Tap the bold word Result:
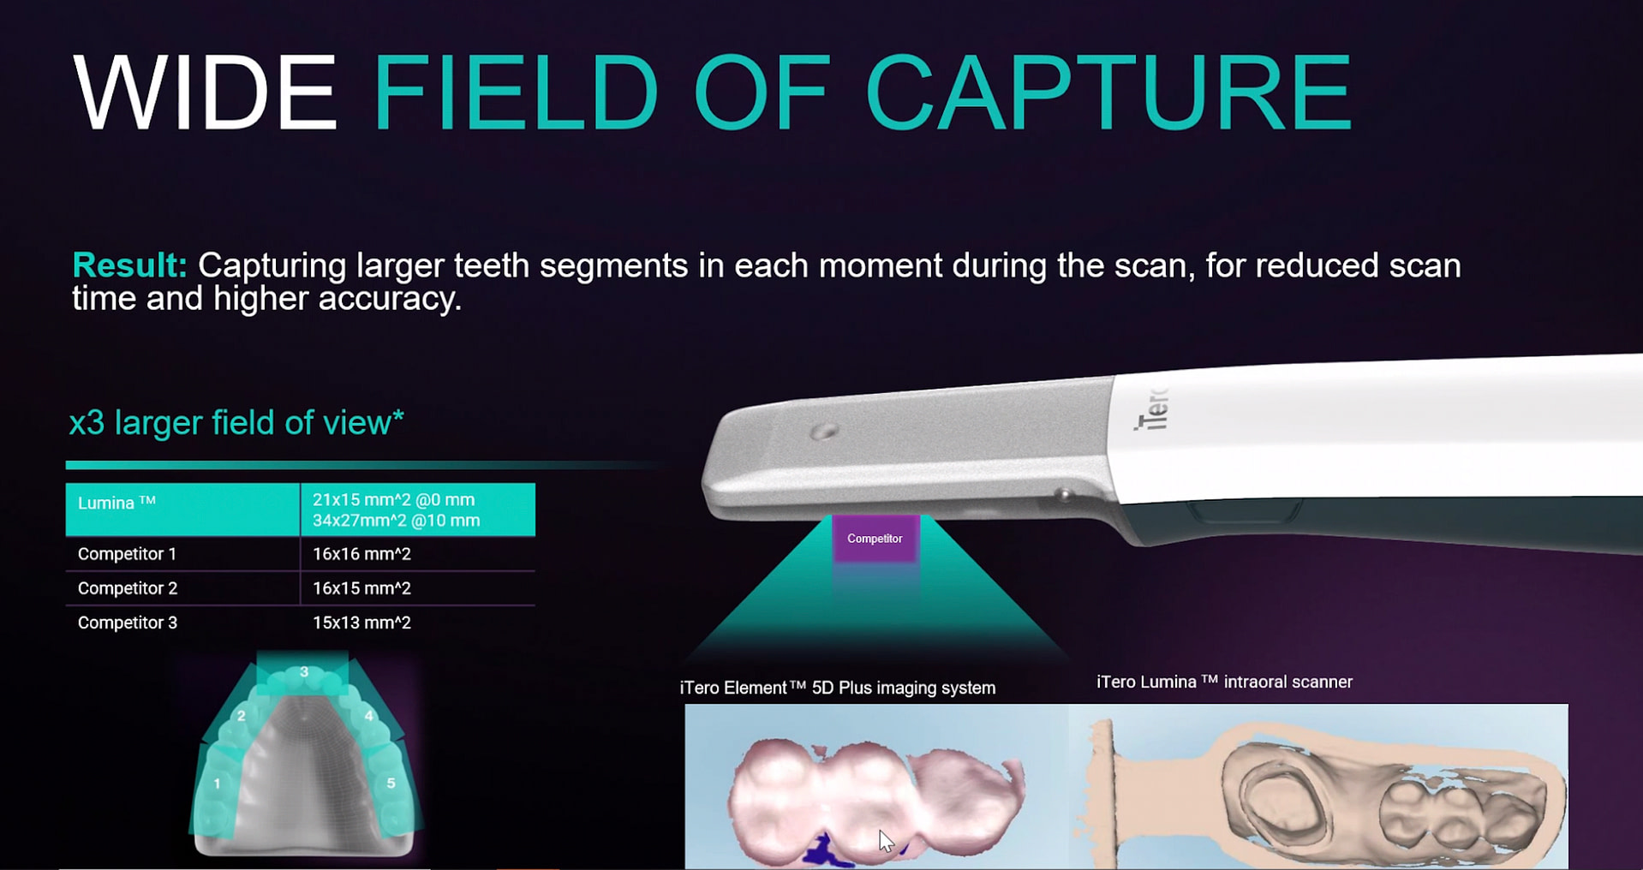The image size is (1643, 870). [x=129, y=265]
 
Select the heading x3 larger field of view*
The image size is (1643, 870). [x=236, y=422]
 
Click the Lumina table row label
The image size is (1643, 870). [x=117, y=504]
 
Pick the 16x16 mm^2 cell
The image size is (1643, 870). [x=361, y=554]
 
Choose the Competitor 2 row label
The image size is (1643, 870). [x=128, y=588]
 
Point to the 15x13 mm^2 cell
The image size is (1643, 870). [x=361, y=623]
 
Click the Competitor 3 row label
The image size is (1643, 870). [x=128, y=623]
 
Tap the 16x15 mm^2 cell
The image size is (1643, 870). [x=361, y=588]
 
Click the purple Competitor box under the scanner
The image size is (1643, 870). [x=875, y=539]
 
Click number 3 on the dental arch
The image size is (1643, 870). [x=304, y=672]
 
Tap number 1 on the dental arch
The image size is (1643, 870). [x=218, y=784]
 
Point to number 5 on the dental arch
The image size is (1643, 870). [x=391, y=783]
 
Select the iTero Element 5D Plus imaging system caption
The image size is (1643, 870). [x=837, y=688]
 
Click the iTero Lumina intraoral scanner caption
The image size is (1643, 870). [x=1224, y=682]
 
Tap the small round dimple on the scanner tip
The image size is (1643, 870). [x=824, y=431]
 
